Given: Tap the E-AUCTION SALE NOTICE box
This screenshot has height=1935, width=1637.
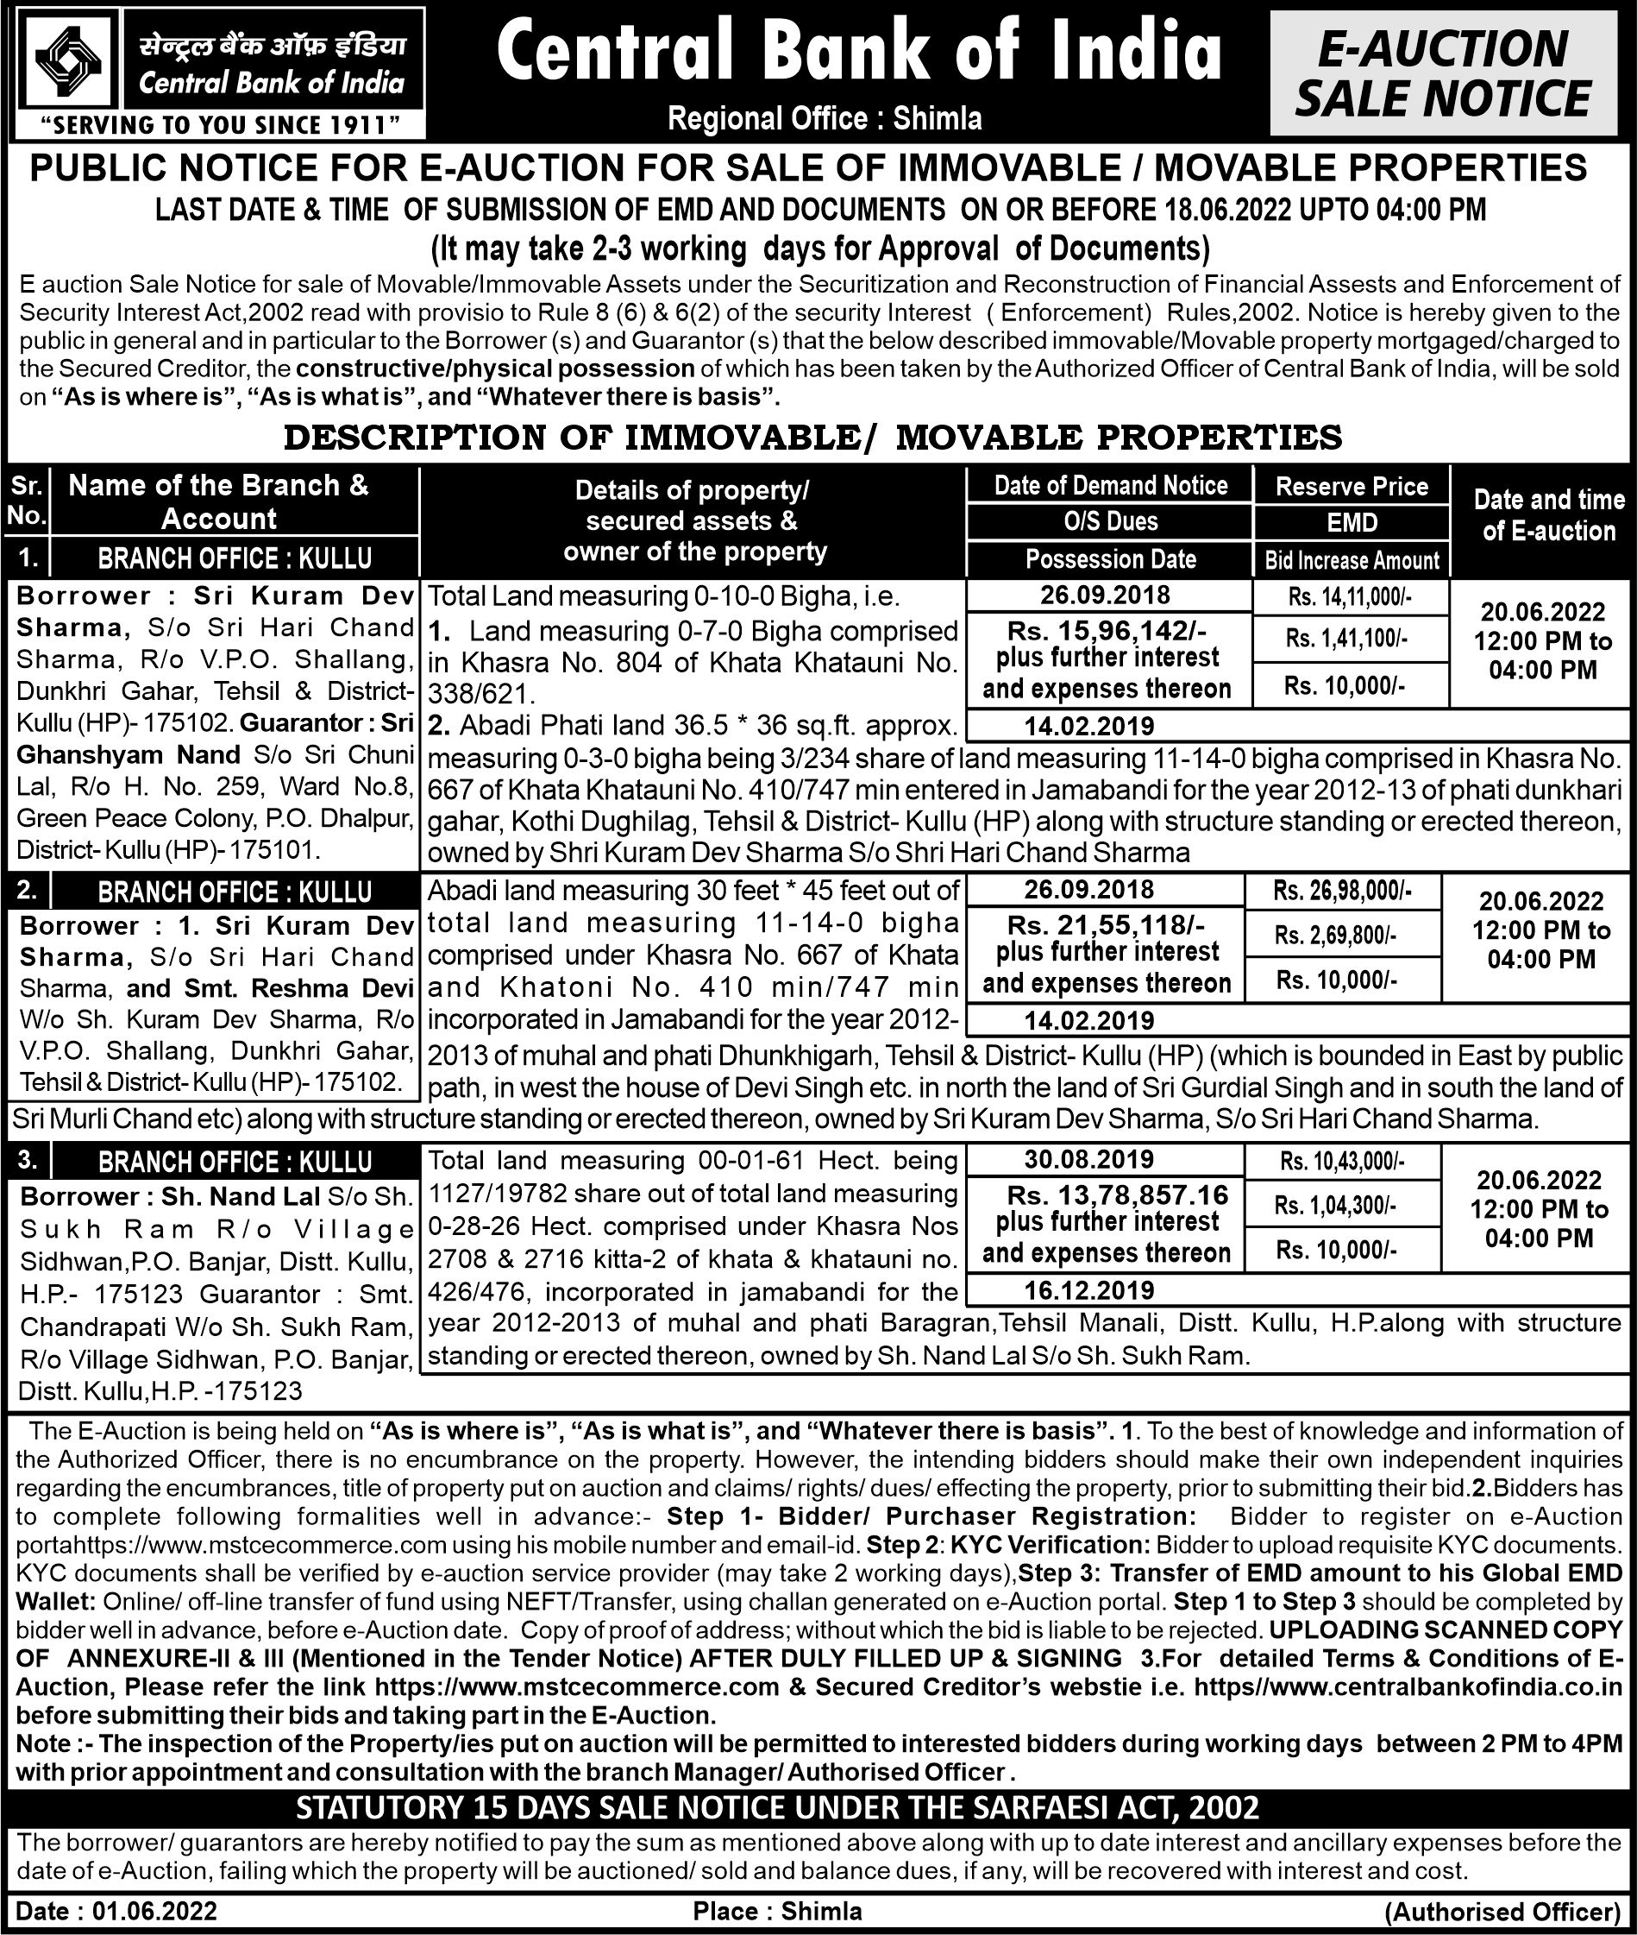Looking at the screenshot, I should pos(1443,74).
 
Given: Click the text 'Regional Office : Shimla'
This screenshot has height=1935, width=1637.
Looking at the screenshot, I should pos(824,119).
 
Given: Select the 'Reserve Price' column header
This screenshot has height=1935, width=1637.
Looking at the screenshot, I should pos(1352,487).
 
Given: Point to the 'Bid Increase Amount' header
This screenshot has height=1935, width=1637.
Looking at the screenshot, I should pos(1352,560).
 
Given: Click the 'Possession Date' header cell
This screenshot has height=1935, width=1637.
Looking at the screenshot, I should pos(1110,559).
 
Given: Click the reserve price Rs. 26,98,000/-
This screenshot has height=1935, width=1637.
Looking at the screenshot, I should pos(1342,892).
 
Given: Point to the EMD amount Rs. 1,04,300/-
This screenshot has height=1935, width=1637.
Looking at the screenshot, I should pos(1334,1205).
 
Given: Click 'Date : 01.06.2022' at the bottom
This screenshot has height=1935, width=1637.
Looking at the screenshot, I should pos(117,1911).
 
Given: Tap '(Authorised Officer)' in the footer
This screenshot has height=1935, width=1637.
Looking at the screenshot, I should pos(1502,1912).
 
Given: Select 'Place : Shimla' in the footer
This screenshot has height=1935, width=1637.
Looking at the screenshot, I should pos(777,1911).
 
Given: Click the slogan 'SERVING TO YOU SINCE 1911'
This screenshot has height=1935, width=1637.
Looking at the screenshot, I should pos(223,124).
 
